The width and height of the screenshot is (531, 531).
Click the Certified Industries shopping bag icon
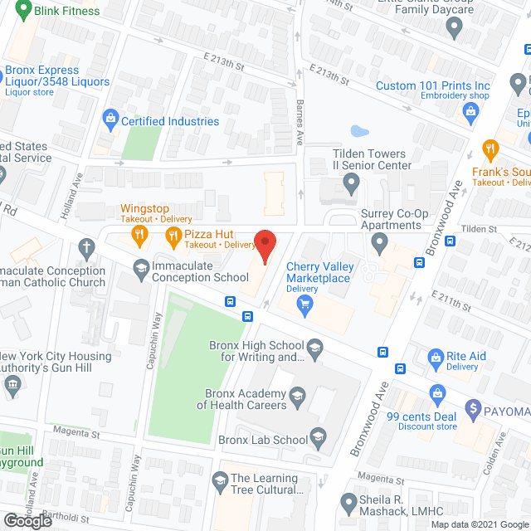(110, 121)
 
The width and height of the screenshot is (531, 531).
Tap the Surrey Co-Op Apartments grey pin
(380, 243)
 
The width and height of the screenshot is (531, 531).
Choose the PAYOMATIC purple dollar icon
(473, 407)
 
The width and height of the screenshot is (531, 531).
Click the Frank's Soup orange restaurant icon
(490, 151)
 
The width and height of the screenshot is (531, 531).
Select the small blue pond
(358, 131)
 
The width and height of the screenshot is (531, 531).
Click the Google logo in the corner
(27, 520)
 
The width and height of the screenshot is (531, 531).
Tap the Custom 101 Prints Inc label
(432, 86)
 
